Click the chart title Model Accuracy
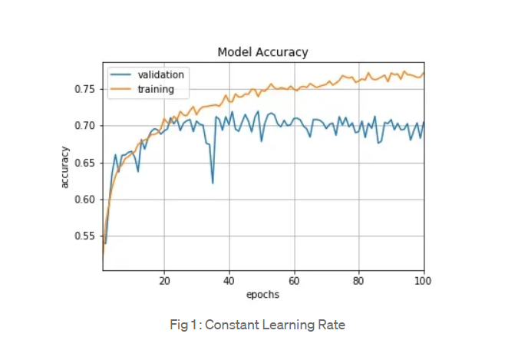262,52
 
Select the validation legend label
160,75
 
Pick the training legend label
156,89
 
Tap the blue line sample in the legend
120,75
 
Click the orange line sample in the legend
120,89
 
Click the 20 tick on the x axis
164,281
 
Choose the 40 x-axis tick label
229,281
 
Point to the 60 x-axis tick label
294,281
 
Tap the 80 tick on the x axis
358,281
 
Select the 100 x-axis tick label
422,281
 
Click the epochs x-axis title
262,295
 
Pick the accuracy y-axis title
65,166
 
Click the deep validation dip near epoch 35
213,182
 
